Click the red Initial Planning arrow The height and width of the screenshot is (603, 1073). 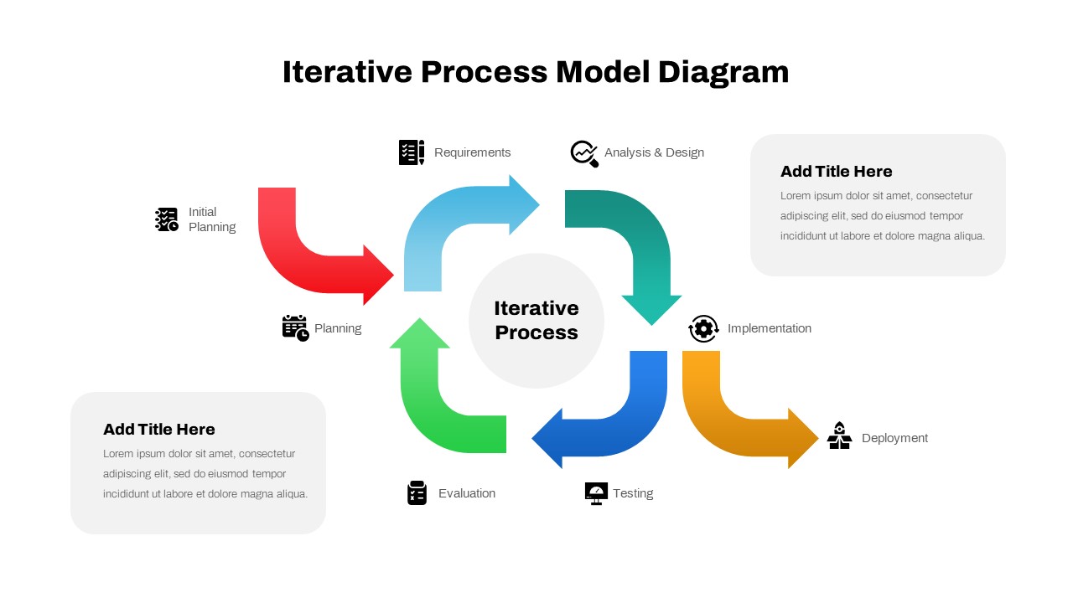[x=289, y=251]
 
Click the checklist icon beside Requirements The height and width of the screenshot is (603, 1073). [x=412, y=152]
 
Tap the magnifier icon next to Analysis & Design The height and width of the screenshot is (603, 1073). [x=584, y=153]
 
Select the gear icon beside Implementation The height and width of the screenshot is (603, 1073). [x=703, y=329]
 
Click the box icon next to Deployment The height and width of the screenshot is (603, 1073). [x=839, y=436]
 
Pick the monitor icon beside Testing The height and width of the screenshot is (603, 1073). [x=596, y=493]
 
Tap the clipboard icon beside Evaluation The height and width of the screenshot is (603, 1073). [x=417, y=493]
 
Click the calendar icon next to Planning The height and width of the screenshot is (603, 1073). [x=295, y=328]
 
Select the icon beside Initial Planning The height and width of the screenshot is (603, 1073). [x=167, y=219]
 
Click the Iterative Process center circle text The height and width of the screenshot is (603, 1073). [x=536, y=321]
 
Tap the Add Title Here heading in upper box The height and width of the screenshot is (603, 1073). [x=836, y=172]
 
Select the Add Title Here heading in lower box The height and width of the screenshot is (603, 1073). [x=159, y=430]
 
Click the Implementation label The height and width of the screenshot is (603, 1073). [x=769, y=328]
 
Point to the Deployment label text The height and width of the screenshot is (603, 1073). [x=894, y=438]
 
